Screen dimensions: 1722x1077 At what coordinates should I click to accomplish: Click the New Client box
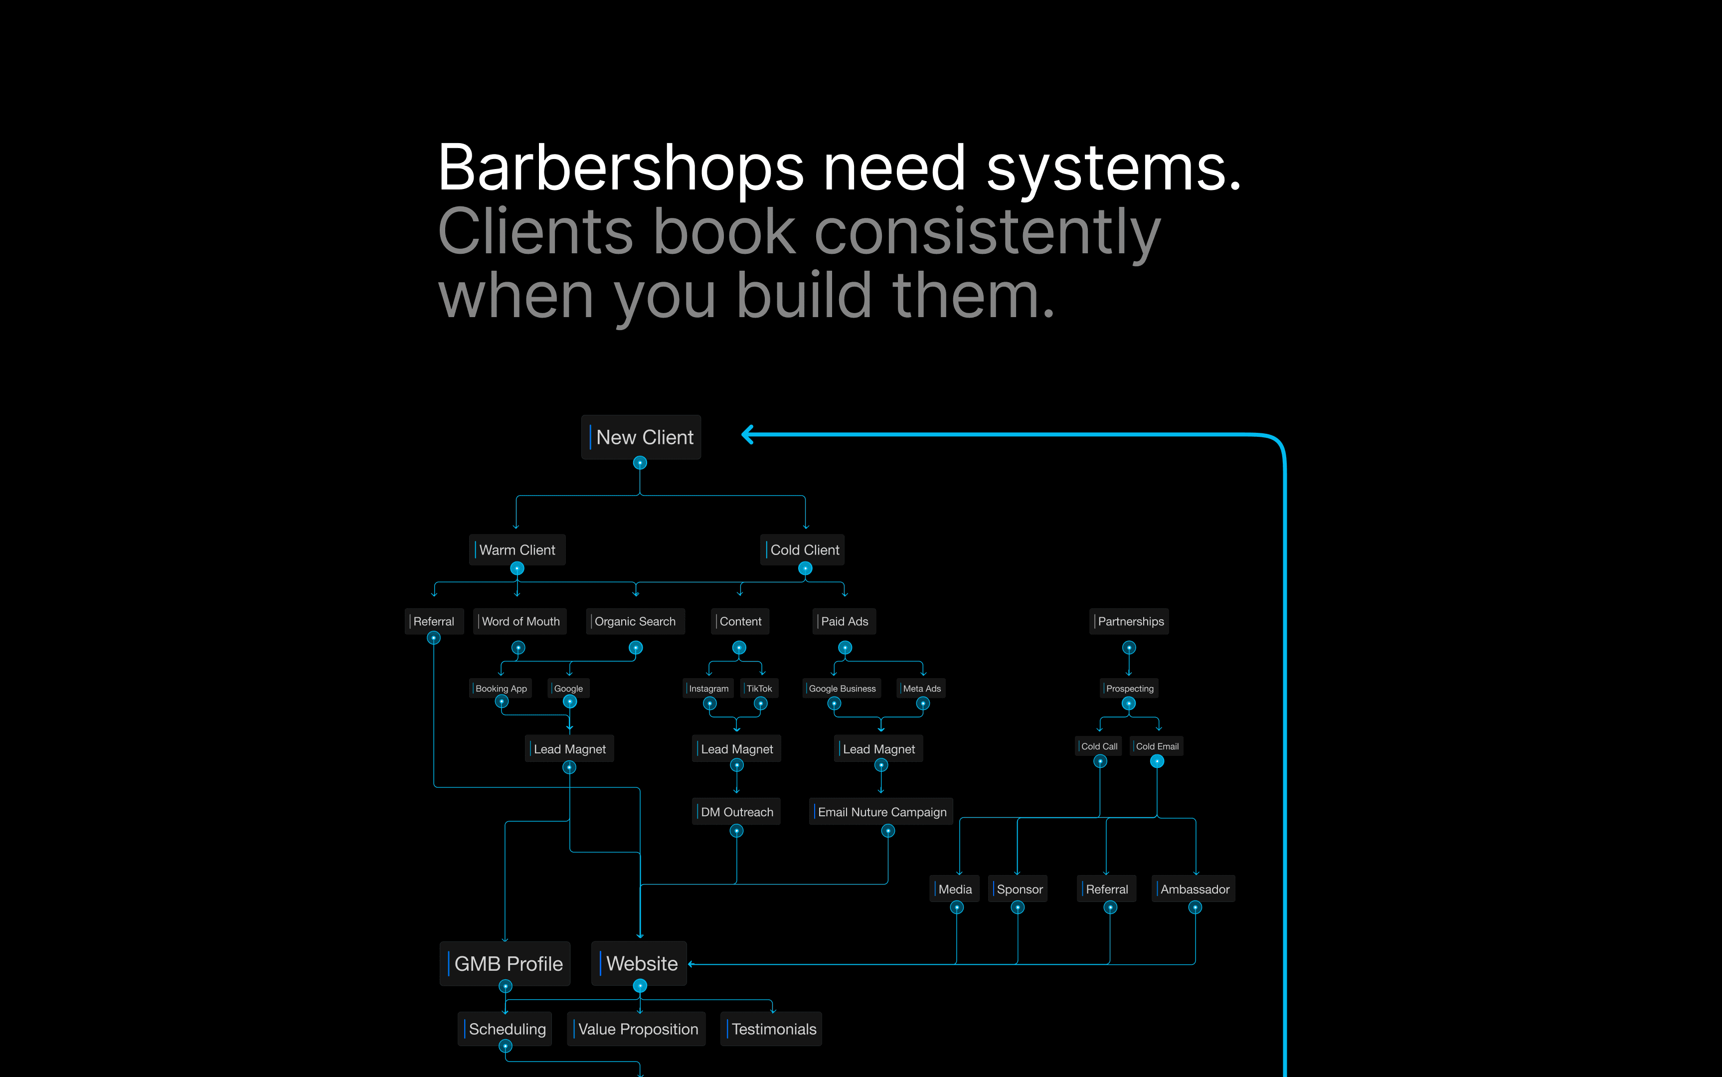[x=641, y=437]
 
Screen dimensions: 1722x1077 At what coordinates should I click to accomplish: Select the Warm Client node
[x=517, y=550]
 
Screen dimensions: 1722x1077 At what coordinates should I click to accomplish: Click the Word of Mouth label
[x=520, y=621]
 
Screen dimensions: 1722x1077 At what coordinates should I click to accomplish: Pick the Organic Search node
[x=635, y=621]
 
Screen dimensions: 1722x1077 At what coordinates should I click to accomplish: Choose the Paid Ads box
[x=844, y=621]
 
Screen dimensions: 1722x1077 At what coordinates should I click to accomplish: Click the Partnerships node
[x=1130, y=621]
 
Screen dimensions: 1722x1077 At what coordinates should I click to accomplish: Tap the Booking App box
[x=501, y=689]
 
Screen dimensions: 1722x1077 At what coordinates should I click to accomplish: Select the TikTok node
[x=759, y=689]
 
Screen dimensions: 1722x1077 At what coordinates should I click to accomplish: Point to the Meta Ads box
[x=921, y=689]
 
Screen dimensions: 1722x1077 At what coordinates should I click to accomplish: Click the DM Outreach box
[x=736, y=812]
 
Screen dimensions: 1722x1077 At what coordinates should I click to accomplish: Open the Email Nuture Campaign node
[x=881, y=812]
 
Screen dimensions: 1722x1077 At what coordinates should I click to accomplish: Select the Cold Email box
[x=1157, y=746]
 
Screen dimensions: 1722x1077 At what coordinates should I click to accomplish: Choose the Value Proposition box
[x=637, y=1029]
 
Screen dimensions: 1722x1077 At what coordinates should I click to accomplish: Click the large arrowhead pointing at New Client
[x=748, y=434]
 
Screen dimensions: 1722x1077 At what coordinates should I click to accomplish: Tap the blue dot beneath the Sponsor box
[x=1018, y=907]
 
